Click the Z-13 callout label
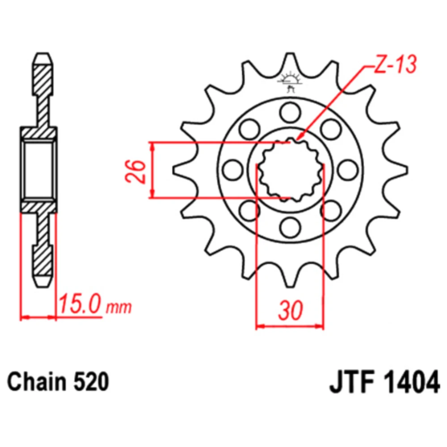point(395,64)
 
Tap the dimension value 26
point(135,171)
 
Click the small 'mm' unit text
point(119,308)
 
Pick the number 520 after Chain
point(91,382)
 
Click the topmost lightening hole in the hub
point(290,113)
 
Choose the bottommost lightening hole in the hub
point(290,227)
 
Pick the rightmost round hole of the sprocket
point(347,170)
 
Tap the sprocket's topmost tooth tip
point(290,53)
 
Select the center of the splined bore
point(290,170)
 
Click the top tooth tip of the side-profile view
point(43,54)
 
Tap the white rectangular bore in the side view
point(38,170)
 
